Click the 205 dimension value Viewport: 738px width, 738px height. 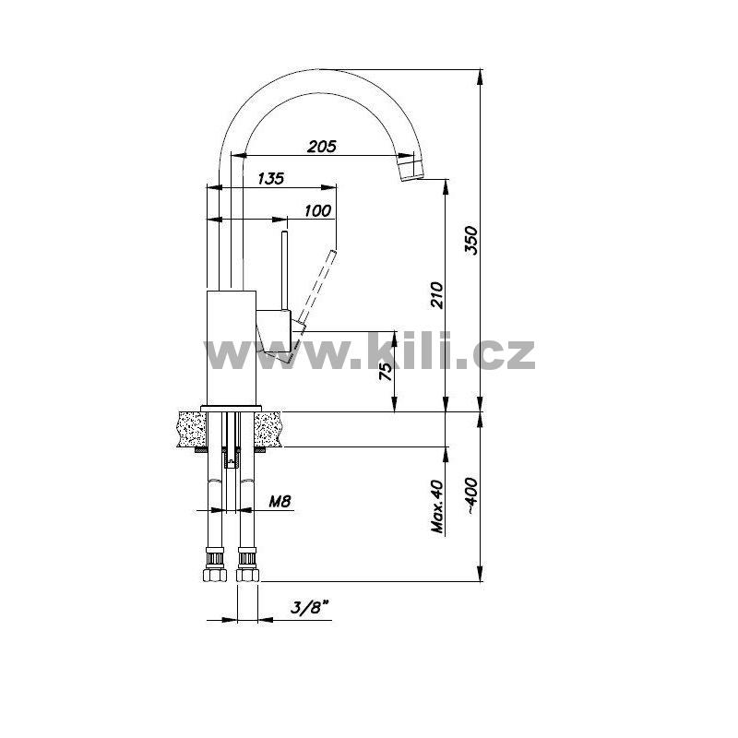(322, 147)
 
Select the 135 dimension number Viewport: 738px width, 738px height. (271, 178)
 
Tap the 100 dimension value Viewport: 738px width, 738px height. (317, 210)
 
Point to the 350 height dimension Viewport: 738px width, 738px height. (471, 241)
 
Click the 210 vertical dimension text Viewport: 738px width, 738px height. (437, 295)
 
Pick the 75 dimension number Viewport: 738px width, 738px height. (386, 372)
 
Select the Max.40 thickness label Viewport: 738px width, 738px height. (437, 506)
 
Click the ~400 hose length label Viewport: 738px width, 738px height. (471, 496)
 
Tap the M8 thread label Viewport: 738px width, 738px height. (280, 502)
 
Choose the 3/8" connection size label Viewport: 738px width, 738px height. (309, 608)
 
